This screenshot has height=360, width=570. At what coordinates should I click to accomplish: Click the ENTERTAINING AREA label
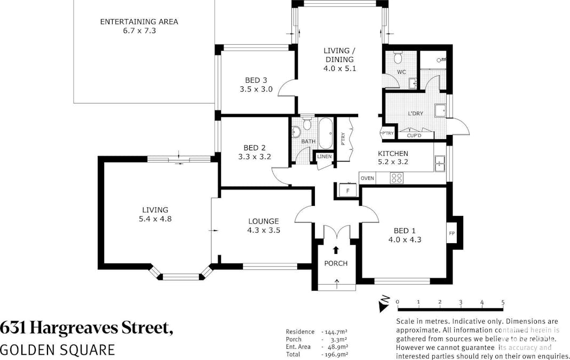pyautogui.click(x=139, y=22)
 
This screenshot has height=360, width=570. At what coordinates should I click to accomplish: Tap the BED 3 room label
pyautogui.click(x=256, y=80)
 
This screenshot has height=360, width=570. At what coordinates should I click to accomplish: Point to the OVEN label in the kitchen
pyautogui.click(x=367, y=178)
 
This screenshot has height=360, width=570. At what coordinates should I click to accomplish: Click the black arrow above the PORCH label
pyautogui.click(x=336, y=250)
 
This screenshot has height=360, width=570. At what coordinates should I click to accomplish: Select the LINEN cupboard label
pyautogui.click(x=324, y=157)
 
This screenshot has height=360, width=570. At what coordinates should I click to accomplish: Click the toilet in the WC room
pyautogui.click(x=398, y=58)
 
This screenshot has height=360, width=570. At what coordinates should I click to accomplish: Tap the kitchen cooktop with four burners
pyautogui.click(x=397, y=178)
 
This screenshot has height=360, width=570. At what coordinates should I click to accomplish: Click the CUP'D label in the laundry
pyautogui.click(x=414, y=135)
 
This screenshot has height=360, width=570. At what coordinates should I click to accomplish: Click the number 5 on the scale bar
pyautogui.click(x=503, y=302)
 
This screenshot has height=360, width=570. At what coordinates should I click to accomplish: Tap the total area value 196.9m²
pyautogui.click(x=336, y=354)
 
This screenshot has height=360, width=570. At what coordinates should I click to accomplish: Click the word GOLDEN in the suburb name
pyautogui.click(x=26, y=350)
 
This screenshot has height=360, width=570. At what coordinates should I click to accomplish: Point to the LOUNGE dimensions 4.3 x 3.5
pyautogui.click(x=264, y=230)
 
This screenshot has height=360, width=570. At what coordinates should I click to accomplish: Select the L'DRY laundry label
pyautogui.click(x=415, y=114)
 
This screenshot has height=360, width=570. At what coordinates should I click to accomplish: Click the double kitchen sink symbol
pyautogui.click(x=440, y=163)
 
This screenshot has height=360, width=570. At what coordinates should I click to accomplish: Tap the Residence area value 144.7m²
pyautogui.click(x=336, y=332)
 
